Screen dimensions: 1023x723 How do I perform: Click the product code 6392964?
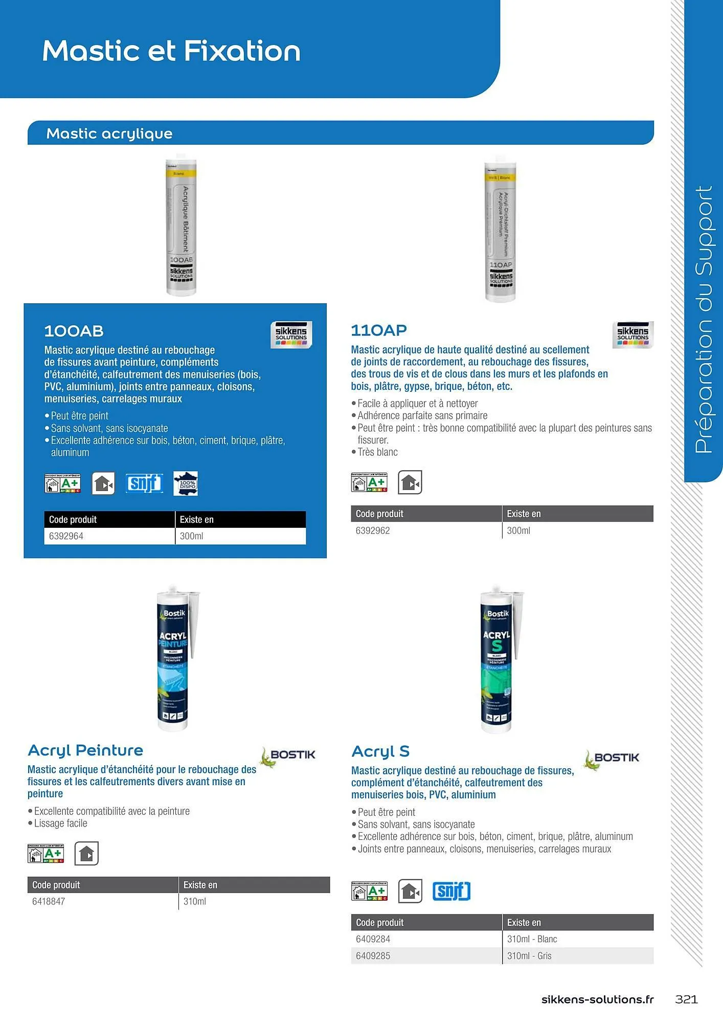point(66,536)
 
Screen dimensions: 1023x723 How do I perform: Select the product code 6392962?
point(373,530)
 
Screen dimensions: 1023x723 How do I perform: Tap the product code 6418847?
point(49,901)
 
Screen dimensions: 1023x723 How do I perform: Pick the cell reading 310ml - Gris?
point(529,955)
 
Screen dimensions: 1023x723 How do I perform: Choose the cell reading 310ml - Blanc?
point(532,939)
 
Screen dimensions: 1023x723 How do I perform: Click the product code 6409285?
point(373,955)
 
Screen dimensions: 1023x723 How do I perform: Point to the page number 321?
point(686,999)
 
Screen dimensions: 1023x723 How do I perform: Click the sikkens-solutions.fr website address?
point(597,999)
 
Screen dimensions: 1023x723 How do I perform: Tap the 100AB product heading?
point(74,331)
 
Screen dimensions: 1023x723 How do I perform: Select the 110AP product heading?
point(379,330)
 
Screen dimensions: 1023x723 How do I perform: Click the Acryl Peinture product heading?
point(85,750)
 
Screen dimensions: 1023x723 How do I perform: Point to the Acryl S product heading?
point(380,751)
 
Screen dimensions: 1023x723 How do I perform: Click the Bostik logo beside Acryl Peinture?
point(288,755)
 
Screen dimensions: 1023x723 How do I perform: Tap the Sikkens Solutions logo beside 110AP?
point(632,335)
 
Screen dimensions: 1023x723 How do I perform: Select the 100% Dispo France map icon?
point(186,483)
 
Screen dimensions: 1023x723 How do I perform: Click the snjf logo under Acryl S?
point(451,891)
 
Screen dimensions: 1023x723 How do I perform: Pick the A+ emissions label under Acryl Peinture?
point(46,853)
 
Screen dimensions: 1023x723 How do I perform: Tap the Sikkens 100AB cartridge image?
point(181,225)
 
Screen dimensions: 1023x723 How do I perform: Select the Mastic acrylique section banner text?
point(109,134)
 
